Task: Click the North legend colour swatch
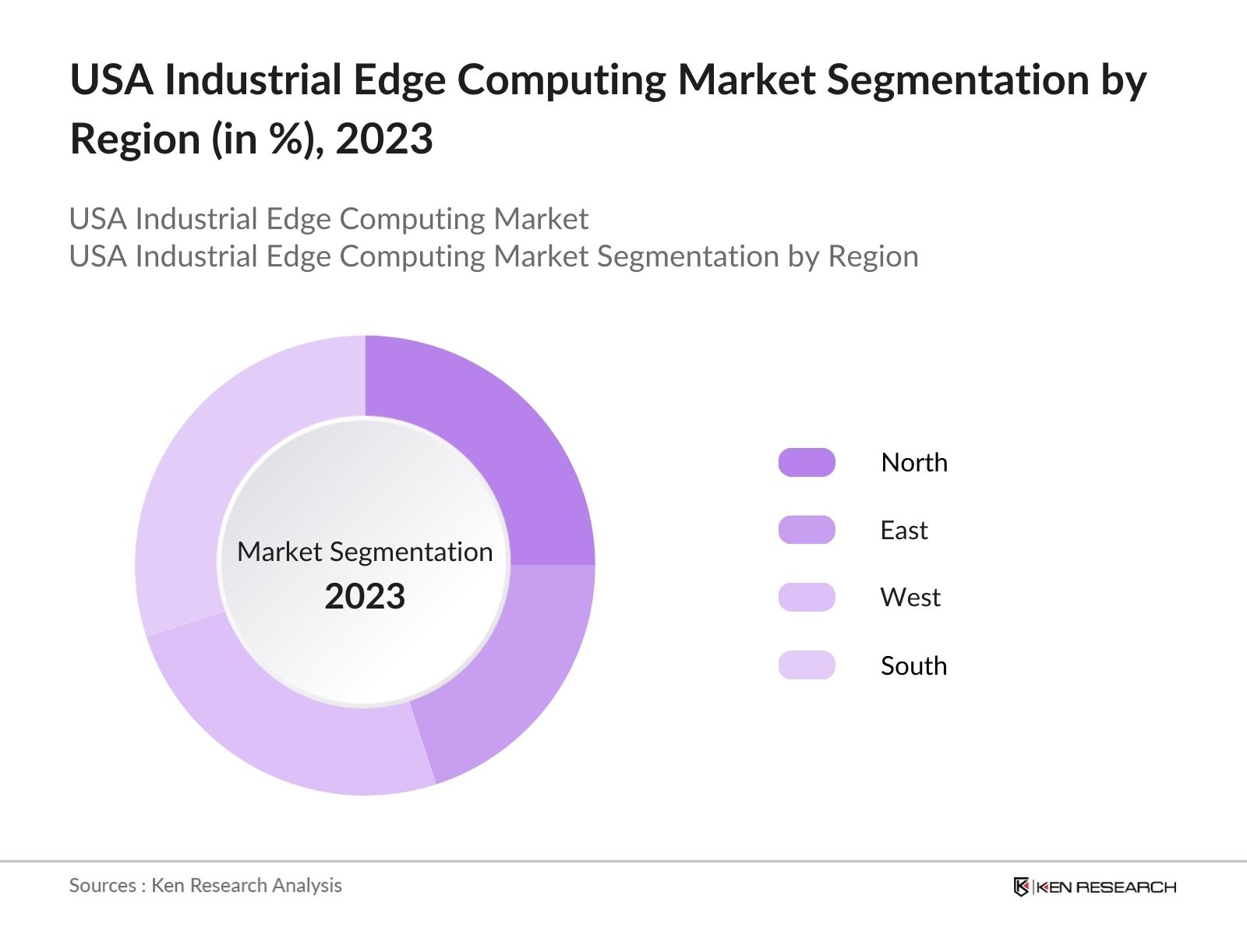point(807,462)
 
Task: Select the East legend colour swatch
point(807,530)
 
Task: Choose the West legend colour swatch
point(807,598)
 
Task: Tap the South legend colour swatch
point(807,665)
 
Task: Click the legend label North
point(914,463)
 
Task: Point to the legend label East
point(904,531)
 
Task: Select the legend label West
point(910,598)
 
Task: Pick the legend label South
point(913,666)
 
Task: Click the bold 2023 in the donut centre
point(365,597)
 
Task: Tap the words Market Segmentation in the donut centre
point(365,552)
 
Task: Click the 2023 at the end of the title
point(384,139)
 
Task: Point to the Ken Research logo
point(1094,887)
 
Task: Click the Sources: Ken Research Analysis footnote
point(206,886)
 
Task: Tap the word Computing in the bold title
point(561,80)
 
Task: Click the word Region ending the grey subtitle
point(873,256)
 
